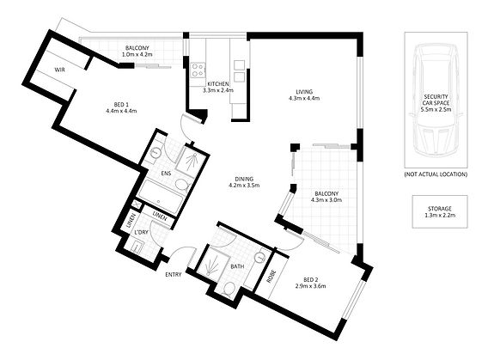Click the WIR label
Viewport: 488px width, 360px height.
[60, 70]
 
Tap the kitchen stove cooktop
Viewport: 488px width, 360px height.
[198, 70]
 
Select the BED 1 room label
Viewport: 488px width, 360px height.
[121, 105]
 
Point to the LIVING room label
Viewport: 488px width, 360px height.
[304, 92]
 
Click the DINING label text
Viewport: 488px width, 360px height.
[244, 180]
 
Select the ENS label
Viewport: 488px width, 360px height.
[166, 174]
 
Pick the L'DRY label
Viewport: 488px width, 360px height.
[141, 233]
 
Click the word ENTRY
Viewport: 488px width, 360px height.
[173, 274]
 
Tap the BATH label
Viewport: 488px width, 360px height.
[237, 266]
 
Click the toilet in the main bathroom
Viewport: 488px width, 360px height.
[229, 288]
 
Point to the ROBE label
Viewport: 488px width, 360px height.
[271, 277]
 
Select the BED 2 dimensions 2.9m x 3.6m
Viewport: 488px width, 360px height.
[310, 286]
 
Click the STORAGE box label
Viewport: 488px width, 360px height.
[439, 209]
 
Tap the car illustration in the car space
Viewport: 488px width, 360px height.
[436, 100]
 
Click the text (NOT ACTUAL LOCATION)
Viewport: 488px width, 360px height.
[436, 174]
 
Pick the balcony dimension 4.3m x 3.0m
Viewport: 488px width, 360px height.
[326, 199]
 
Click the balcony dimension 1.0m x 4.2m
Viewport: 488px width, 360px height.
[137, 54]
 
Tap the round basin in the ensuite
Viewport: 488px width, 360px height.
[155, 153]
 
